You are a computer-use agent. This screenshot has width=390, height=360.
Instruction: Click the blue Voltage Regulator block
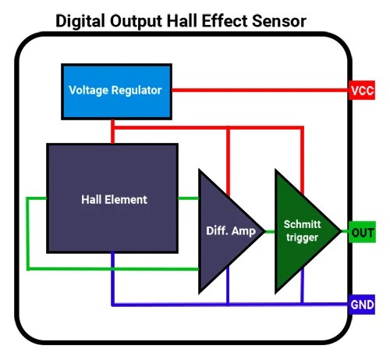point(115,90)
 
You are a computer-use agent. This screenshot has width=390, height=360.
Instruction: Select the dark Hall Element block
point(113,198)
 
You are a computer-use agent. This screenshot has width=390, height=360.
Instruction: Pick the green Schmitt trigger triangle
point(300,230)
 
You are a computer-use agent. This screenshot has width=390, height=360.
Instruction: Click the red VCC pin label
point(362,91)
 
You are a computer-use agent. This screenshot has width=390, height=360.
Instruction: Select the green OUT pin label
point(363,232)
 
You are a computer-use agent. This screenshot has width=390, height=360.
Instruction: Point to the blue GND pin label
point(363,304)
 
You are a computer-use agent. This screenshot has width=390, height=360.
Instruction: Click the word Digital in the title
point(81,20)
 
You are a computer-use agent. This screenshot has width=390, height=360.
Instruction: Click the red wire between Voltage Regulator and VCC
point(257,90)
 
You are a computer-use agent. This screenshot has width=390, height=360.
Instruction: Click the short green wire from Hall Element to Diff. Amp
point(189,199)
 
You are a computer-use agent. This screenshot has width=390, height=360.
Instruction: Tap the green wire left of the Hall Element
point(28,234)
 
